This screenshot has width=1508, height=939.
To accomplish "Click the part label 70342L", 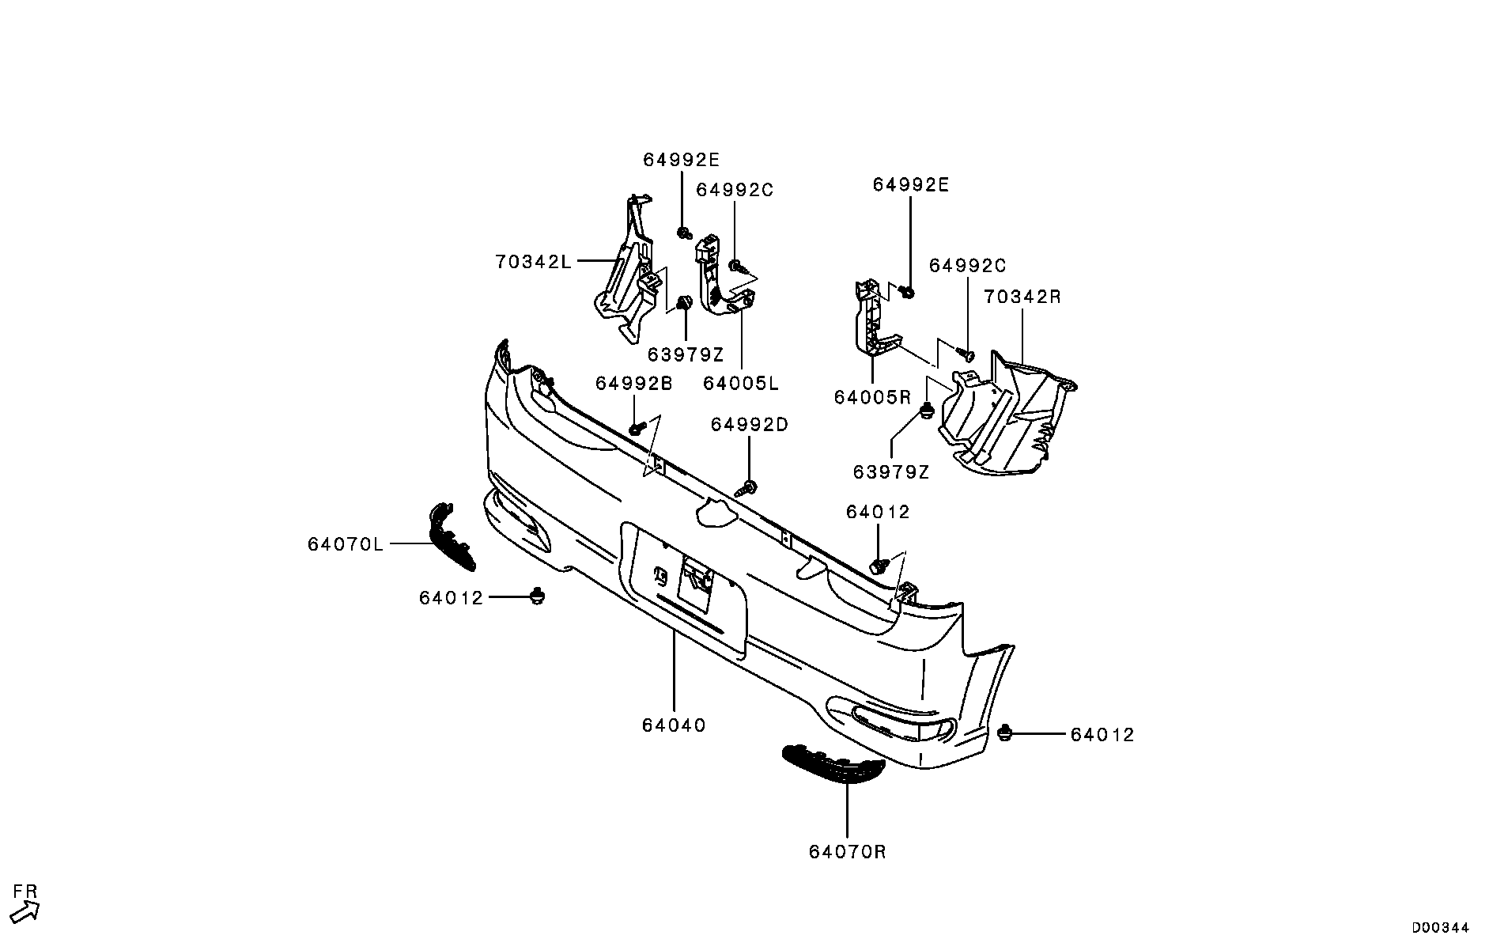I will click(533, 261).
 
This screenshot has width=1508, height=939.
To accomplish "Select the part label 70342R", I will click(1022, 297).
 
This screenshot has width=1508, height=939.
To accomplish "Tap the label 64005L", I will click(740, 384).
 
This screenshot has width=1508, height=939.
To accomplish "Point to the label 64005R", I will click(872, 397).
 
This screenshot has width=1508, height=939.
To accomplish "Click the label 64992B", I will click(633, 384).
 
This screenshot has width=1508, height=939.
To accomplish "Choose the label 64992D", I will click(749, 425).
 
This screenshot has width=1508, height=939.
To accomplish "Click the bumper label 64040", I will click(674, 725).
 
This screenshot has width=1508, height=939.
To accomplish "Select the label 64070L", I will click(346, 544).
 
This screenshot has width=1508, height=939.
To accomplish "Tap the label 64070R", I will click(847, 852).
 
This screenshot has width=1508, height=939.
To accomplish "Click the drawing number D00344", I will click(1441, 927).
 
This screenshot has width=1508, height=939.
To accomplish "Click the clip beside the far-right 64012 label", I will click(1006, 733).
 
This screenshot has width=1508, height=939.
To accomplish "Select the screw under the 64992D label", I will click(747, 488).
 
